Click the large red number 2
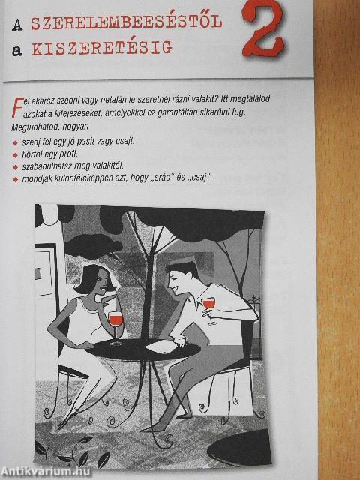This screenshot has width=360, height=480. click(263, 29)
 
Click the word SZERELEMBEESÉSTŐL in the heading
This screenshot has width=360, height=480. click(127, 22)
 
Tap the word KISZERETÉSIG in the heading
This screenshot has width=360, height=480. click(102, 48)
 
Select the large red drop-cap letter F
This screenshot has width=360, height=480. click(17, 107)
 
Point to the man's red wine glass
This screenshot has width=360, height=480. click(209, 309)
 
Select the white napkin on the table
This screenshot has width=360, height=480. click(161, 346)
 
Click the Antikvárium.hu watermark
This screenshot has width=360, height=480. click(46, 472)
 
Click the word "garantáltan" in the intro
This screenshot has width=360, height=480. click(181, 112)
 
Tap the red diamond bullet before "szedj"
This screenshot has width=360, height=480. click(15, 143)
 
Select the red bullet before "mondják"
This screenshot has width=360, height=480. click(15, 180)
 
